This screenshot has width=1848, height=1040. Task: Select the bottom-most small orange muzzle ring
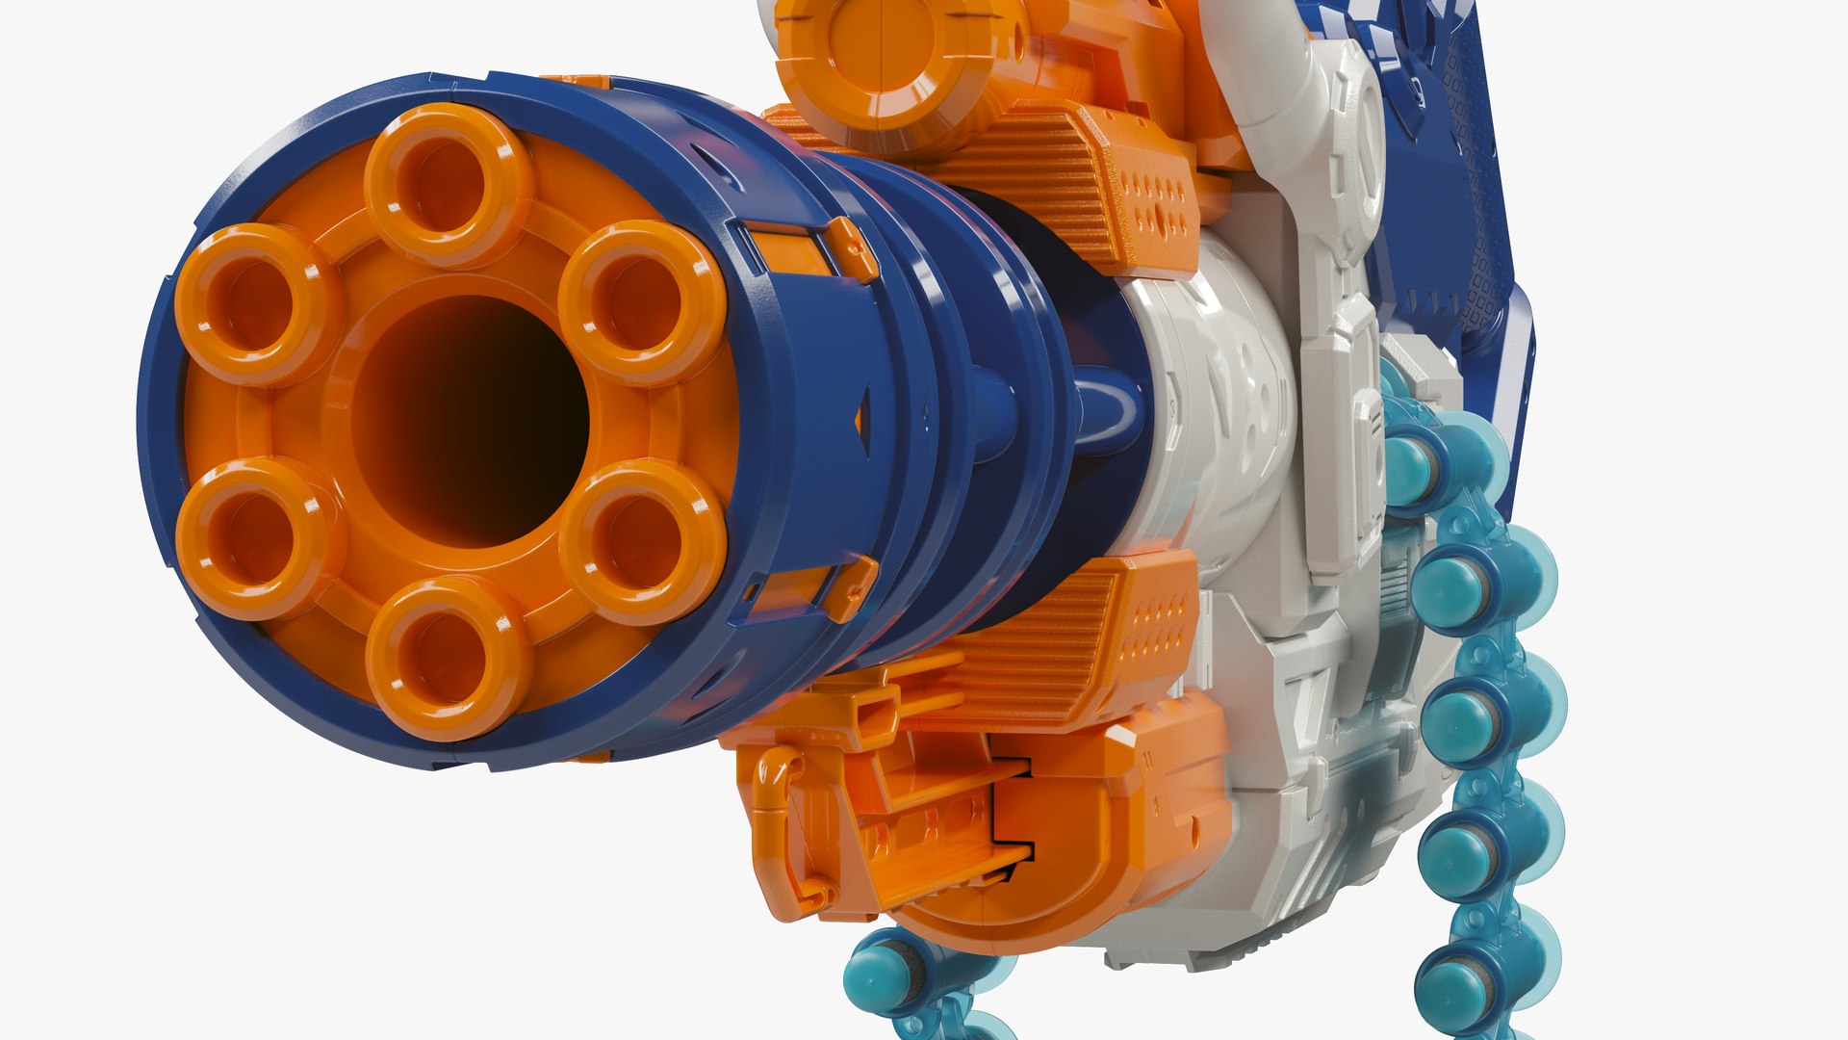point(449,659)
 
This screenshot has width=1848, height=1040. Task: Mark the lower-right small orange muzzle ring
point(642,540)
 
